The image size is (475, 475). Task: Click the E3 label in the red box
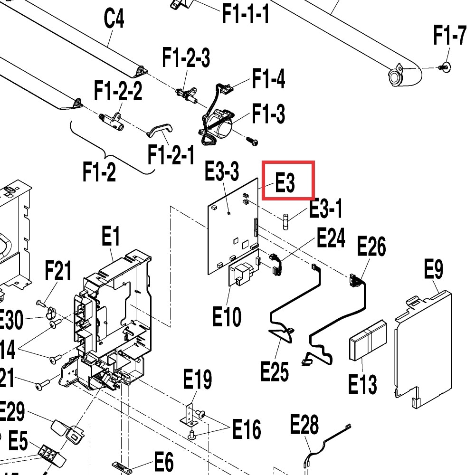point(285,182)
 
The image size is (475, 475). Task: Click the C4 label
point(114,20)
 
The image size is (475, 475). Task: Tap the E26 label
point(371,247)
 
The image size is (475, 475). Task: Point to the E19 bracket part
point(189,413)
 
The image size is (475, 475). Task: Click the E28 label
point(304,425)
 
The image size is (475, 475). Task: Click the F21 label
point(58,271)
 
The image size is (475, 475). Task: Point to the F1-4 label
point(268,79)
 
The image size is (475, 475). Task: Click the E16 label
point(246,429)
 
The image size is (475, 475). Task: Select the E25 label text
point(275,370)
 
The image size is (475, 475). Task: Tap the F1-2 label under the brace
point(99,171)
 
